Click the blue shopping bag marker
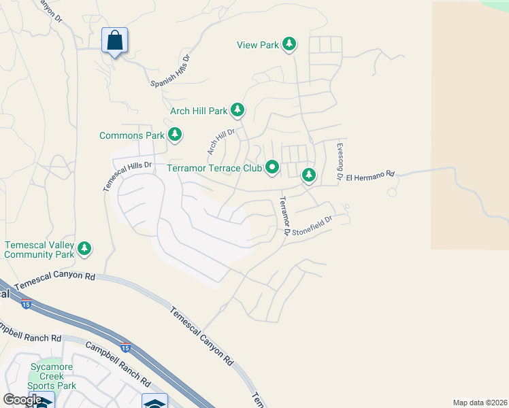pos(114,41)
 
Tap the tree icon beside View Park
pos(289,44)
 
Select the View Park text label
pos(258,45)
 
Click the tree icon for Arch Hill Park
pos(237,109)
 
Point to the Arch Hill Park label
pos(199,111)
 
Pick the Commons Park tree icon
pos(175,135)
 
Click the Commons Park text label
pos(132,135)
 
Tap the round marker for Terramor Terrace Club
pos(272,167)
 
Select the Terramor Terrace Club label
pos(214,168)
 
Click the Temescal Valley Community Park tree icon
pos(84,249)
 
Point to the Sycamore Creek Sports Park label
pos(53,376)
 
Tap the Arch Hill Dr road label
pos(220,141)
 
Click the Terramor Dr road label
pos(285,217)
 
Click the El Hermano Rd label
pos(370,175)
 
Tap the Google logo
pos(22,400)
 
